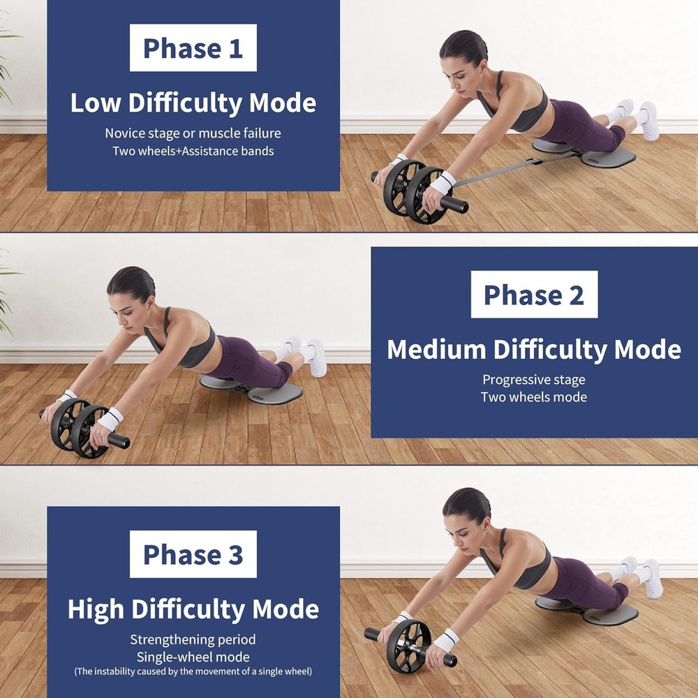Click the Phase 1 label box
tap(193, 48)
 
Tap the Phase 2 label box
tap(534, 295)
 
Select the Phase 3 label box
tap(193, 554)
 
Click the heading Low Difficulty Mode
tap(193, 103)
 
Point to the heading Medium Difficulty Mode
tap(534, 349)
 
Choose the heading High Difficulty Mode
tap(193, 609)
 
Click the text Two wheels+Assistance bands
tap(193, 151)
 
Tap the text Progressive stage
tap(534, 380)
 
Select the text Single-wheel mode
tap(193, 657)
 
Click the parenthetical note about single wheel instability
tap(193, 671)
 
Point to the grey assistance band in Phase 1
tap(503, 172)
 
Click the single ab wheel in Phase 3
tap(409, 646)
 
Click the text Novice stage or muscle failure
tap(193, 133)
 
